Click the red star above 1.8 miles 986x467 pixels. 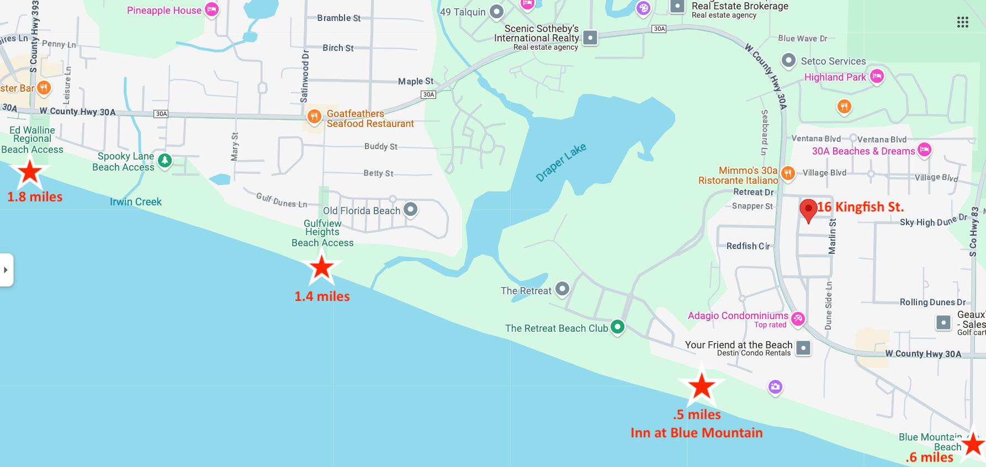click(x=29, y=172)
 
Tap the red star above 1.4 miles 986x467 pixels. click(x=321, y=267)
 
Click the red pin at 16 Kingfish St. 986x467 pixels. click(x=808, y=209)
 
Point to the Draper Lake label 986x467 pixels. click(x=561, y=162)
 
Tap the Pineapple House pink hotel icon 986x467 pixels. click(x=211, y=9)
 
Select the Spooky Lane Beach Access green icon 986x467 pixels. click(x=165, y=161)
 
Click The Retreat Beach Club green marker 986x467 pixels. click(x=617, y=327)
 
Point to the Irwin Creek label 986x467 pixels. click(x=135, y=201)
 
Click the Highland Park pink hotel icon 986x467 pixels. click(x=877, y=77)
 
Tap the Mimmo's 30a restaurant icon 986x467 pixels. click(x=788, y=173)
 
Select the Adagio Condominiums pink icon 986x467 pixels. click(x=798, y=319)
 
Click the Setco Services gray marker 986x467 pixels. click(x=789, y=60)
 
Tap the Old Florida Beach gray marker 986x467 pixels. click(x=410, y=210)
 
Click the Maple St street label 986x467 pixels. click(x=416, y=81)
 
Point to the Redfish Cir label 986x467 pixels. click(x=748, y=246)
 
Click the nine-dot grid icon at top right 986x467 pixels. click(x=962, y=22)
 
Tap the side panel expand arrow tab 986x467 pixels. click(x=6, y=270)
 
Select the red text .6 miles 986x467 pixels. click(x=929, y=457)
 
